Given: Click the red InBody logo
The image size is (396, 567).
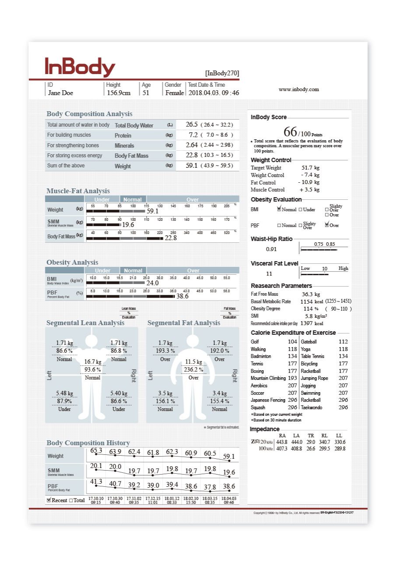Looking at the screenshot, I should pyautogui.click(x=80, y=67).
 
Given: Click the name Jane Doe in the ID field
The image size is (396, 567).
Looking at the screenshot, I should pyautogui.click(x=60, y=93).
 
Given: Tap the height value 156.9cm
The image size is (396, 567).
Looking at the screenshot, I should pyautogui.click(x=119, y=93).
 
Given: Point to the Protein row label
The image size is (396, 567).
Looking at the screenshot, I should pyautogui.click(x=123, y=135).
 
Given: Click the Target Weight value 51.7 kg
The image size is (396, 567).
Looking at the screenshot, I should pyautogui.click(x=310, y=168).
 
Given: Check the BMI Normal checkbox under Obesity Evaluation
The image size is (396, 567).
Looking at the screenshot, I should pyautogui.click(x=279, y=209).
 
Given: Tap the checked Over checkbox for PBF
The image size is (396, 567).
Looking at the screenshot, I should pyautogui.click(x=327, y=225).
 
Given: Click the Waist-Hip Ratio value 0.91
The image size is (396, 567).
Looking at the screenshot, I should pyautogui.click(x=271, y=249).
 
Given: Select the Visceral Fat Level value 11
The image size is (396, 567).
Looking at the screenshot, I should pyautogui.click(x=269, y=274).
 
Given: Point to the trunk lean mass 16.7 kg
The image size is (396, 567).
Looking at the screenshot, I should pyautogui.click(x=93, y=362).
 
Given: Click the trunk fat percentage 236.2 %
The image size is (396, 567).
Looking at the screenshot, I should pyautogui.click(x=193, y=370).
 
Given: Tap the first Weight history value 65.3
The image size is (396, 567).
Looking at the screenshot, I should pyautogui.click(x=96, y=450).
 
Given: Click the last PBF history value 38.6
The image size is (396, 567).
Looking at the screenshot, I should pyautogui.click(x=228, y=486).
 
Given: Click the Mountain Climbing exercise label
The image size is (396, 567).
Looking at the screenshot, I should pyautogui.click(x=267, y=378).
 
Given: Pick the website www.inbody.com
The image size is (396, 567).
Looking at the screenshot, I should pyautogui.click(x=299, y=89).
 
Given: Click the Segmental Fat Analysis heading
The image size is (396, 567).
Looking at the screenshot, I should pyautogui.click(x=184, y=323).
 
